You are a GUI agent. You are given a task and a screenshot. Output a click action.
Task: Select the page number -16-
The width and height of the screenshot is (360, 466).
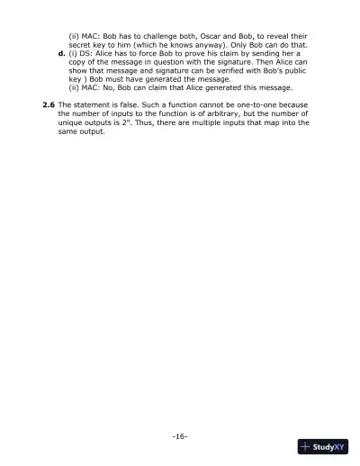point(179,435)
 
